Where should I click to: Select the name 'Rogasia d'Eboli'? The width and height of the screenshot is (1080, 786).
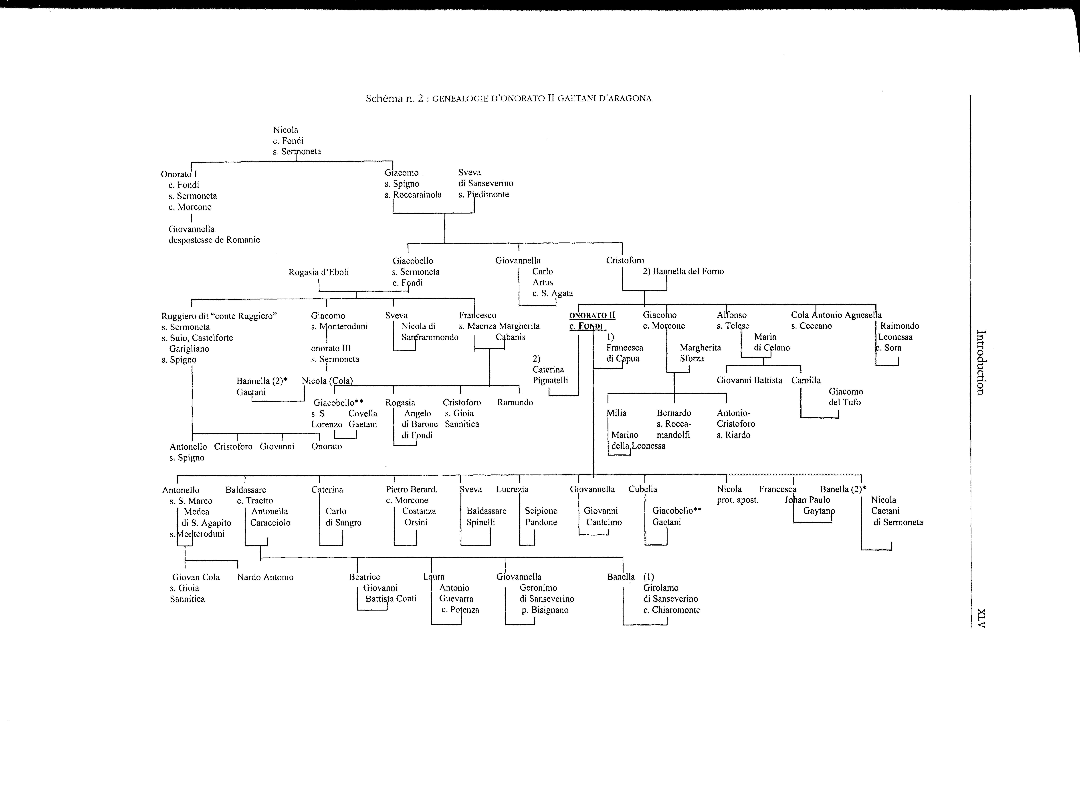(319, 272)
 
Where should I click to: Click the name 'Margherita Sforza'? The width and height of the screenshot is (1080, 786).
(700, 353)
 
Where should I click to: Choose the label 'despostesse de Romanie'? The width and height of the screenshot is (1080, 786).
(214, 240)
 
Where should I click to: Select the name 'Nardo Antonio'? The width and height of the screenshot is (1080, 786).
(265, 577)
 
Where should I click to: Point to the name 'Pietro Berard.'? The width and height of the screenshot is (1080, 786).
(411, 489)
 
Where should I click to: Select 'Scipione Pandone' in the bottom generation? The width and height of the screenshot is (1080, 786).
(541, 516)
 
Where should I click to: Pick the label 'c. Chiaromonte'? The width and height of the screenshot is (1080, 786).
(671, 610)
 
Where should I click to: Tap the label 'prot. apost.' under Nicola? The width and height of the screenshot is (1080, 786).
(737, 500)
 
